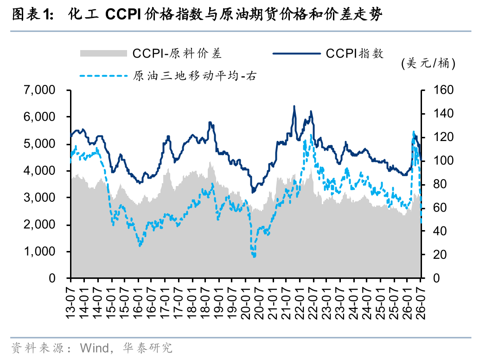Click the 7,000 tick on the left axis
click(x=39, y=90)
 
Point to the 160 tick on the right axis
click(x=443, y=90)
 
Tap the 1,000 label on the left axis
click(x=39, y=251)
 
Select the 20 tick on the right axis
click(x=440, y=255)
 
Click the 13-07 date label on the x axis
click(x=71, y=302)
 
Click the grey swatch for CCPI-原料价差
click(x=103, y=53)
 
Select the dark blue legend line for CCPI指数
click(x=297, y=53)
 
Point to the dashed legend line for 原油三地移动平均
click(x=103, y=75)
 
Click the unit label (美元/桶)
click(x=428, y=63)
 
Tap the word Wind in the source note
click(x=95, y=348)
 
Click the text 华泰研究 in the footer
click(x=147, y=348)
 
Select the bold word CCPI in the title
click(x=123, y=14)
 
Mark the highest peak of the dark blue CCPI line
click(x=294, y=106)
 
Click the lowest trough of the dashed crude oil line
click(x=255, y=257)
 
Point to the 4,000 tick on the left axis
click(x=39, y=171)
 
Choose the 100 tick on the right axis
click(x=443, y=161)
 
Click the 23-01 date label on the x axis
click(x=326, y=302)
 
